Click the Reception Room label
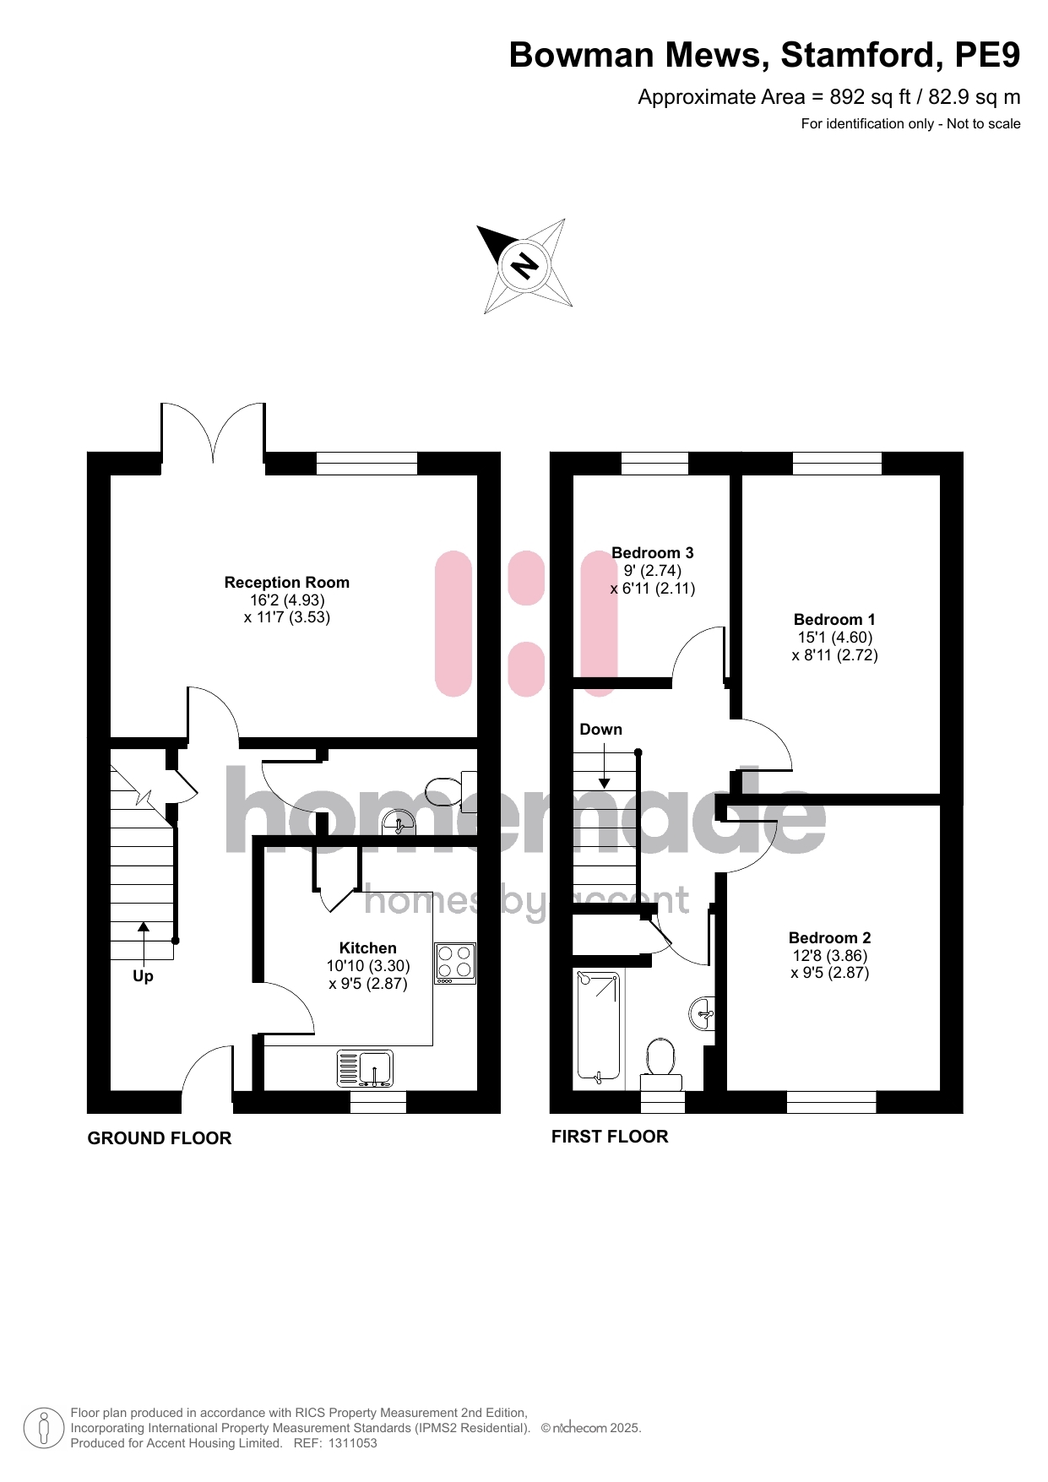[x=287, y=583]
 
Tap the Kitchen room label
[x=367, y=948]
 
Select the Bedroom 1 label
[x=834, y=620]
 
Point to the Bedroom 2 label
[x=829, y=938]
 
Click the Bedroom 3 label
[x=652, y=553]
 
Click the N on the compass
[x=524, y=266]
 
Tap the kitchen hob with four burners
[x=455, y=964]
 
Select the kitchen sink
[x=366, y=1069]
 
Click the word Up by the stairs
[x=143, y=976]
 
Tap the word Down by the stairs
[x=600, y=730]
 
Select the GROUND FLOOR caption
[x=160, y=1138]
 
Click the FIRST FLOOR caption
[x=610, y=1137]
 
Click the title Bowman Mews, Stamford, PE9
[x=764, y=55]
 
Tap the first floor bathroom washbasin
[x=702, y=1013]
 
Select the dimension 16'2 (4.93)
[x=287, y=600]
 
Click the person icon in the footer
[x=44, y=1428]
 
